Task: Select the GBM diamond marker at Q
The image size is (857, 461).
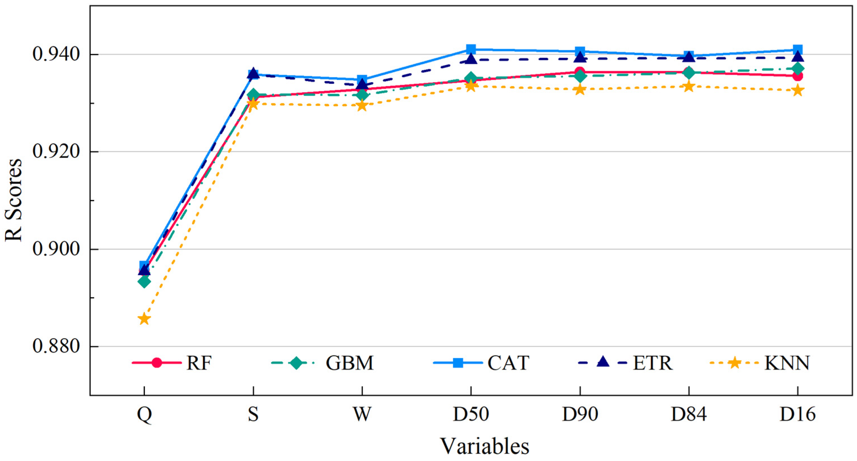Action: point(144,282)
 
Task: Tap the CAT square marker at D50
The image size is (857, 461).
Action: point(471,49)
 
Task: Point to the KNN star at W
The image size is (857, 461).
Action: point(362,106)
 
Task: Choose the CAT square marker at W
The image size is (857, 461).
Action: point(362,80)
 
